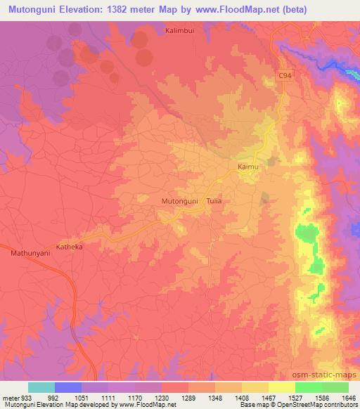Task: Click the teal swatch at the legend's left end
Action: pos(41,387)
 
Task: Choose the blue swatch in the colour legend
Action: pos(69,387)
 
